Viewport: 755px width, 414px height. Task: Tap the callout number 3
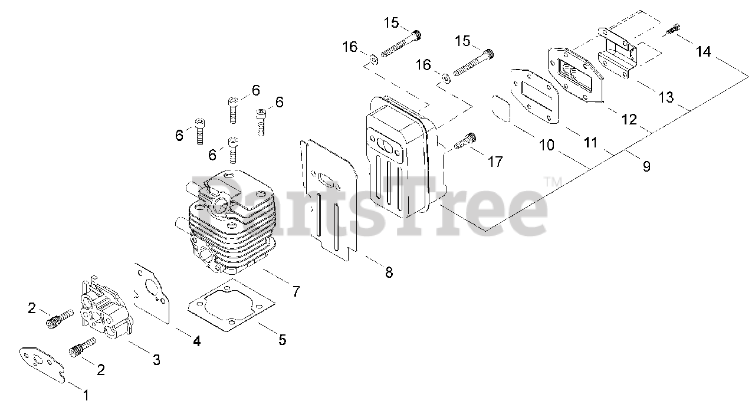(x=156, y=360)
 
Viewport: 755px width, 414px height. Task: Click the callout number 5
(x=282, y=340)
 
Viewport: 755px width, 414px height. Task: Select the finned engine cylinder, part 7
(x=230, y=224)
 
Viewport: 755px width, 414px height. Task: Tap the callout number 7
(x=296, y=291)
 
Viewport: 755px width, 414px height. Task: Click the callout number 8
(x=388, y=272)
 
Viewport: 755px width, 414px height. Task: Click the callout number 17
(x=495, y=161)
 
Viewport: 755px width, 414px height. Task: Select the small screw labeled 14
(x=673, y=28)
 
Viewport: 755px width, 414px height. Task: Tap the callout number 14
(x=703, y=52)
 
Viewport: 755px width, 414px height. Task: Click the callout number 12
(x=629, y=119)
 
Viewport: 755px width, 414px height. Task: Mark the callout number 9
(x=646, y=167)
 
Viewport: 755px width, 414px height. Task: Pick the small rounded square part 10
(x=503, y=108)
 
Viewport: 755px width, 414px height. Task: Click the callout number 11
(x=590, y=143)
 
